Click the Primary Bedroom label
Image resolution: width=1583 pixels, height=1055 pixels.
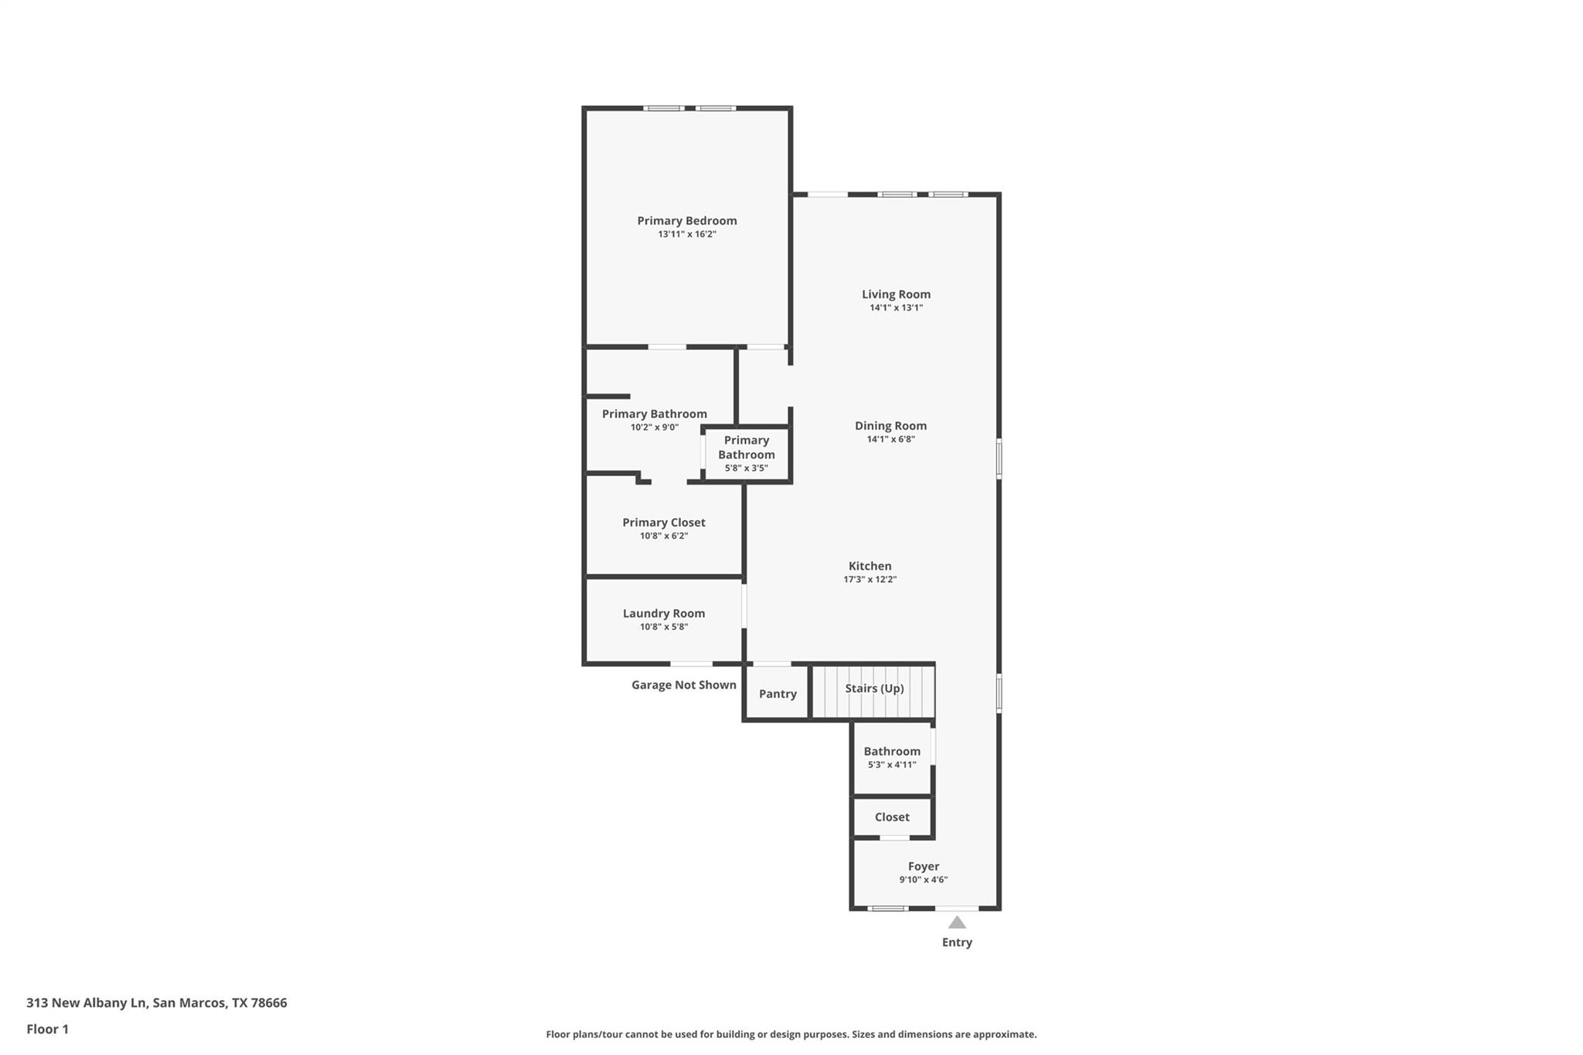tap(686, 221)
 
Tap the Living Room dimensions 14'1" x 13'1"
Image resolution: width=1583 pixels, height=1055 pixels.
tap(896, 308)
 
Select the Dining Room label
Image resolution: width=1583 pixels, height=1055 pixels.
tap(890, 426)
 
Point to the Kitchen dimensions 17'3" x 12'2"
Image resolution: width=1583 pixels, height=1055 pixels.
tap(870, 580)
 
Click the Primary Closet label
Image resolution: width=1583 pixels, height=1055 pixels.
tap(663, 522)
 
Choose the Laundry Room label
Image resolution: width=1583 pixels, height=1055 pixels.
tap(663, 614)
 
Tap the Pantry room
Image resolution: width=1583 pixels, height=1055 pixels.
tap(777, 693)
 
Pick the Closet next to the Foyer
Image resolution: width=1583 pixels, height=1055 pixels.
tap(891, 817)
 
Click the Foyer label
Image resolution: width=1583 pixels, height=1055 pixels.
tap(923, 866)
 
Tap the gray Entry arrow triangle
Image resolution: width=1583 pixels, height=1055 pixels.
tap(957, 923)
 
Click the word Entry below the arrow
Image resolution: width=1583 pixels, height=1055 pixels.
tap(957, 942)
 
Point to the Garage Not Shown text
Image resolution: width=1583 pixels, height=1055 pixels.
tap(683, 685)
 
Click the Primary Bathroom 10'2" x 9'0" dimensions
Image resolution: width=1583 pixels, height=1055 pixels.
tap(654, 427)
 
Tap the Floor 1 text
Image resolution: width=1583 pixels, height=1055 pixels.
tap(47, 1029)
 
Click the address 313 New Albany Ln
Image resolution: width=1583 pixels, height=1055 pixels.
tap(86, 1002)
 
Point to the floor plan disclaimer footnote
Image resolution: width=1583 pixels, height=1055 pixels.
tap(791, 1034)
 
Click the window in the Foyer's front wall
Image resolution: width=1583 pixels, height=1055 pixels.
tap(887, 908)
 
